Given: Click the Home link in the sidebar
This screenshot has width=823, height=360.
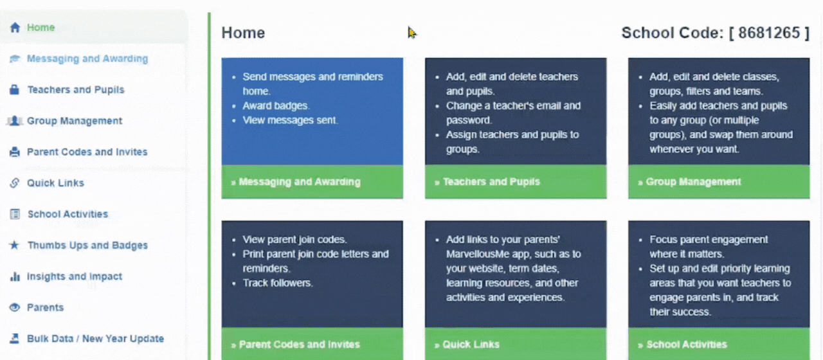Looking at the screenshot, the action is pos(41,28).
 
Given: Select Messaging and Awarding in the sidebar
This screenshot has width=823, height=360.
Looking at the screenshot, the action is pos(87,59).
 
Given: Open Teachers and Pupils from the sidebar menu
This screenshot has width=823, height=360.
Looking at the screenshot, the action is pos(76,89).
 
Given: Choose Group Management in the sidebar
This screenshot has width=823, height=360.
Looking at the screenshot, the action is pos(75,121).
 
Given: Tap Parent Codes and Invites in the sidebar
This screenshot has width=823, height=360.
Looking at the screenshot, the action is pos(87,152).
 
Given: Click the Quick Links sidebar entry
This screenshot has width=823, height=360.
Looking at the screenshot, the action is pos(55,183).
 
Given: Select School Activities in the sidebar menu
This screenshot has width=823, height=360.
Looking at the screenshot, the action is pos(68,214).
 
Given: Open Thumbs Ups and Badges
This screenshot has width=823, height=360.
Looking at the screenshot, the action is pos(87,245).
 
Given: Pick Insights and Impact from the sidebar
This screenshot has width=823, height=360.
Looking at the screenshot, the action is pos(75,276).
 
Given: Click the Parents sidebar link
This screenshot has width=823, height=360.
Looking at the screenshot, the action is pos(45,307).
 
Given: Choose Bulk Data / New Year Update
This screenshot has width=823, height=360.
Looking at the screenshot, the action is pos(96,338).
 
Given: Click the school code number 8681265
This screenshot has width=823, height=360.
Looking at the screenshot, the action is pos(769,33).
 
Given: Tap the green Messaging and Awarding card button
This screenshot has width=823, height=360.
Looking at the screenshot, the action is pos(312,182).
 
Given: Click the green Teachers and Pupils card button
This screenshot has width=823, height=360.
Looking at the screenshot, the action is pos(516,182).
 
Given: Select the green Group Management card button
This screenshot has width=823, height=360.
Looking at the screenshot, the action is pos(719,182).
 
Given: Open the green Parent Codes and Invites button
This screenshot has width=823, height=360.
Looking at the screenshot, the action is pos(312,344).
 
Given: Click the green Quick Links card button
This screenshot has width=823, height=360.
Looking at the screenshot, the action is pos(516,344).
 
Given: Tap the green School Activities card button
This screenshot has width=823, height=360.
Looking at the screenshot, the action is pos(719,344).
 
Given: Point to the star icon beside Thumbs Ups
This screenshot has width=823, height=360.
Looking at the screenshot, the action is pos(14,245).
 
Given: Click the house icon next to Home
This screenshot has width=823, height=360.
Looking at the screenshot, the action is pos(15,27).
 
